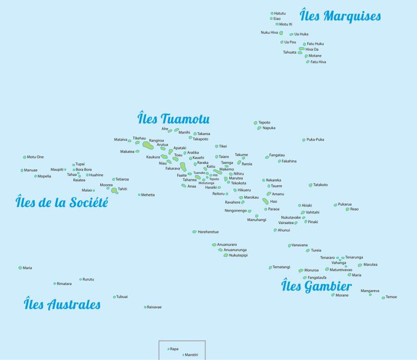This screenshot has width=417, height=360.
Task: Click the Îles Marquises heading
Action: point(341,16)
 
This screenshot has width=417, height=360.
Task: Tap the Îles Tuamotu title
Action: point(173,119)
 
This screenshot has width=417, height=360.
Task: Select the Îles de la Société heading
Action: point(62,203)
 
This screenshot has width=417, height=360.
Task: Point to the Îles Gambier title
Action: point(317,286)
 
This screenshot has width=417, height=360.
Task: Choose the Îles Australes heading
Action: point(62,304)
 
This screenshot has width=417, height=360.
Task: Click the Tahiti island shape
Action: point(114,190)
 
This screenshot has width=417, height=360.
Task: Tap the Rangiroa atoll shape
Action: point(148,145)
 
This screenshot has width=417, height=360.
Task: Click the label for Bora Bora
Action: point(84,169)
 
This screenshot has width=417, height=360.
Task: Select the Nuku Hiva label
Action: point(269,32)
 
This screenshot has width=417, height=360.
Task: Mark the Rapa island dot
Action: point(168,349)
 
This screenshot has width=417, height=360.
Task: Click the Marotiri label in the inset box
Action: point(192,355)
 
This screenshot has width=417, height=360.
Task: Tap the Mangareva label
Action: point(370,290)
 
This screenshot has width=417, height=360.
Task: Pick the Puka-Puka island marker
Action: point(304,140)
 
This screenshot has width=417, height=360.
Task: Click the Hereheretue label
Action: point(208,232)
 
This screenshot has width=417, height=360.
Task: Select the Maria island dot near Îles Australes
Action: point(20,268)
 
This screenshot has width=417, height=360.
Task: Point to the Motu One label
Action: point(35,157)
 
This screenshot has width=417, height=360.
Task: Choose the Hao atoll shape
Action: point(265,201)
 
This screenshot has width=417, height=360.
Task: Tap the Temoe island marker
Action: point(383,297)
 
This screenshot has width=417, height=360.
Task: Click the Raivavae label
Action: point(154,307)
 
